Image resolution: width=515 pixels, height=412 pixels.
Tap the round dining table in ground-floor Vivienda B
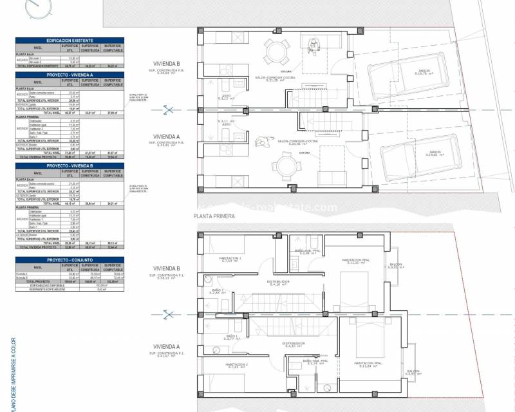click(x=278, y=51)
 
